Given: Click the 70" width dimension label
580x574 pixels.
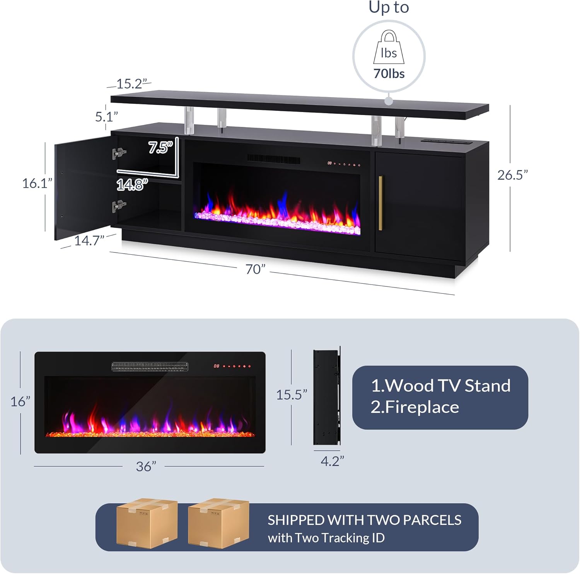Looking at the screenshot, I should click(256, 269).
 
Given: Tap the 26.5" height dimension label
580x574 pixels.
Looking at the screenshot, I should click(512, 175).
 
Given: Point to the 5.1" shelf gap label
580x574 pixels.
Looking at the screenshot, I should click(106, 116).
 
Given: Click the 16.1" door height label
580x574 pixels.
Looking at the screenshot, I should click(37, 183).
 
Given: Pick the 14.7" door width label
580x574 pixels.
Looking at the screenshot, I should click(89, 241).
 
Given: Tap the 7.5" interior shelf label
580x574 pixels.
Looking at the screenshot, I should click(161, 147).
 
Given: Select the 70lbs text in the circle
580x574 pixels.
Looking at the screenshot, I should click(389, 73).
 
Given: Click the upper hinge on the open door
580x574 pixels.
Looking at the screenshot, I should click(119, 153).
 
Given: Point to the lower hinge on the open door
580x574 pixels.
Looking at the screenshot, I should click(119, 206).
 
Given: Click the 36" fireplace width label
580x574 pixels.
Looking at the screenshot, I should click(146, 467).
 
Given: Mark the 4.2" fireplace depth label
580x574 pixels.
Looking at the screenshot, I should click(332, 461).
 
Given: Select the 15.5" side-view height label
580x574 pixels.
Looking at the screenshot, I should click(292, 395).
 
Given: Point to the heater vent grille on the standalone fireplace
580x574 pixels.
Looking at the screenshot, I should click(150, 367).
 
